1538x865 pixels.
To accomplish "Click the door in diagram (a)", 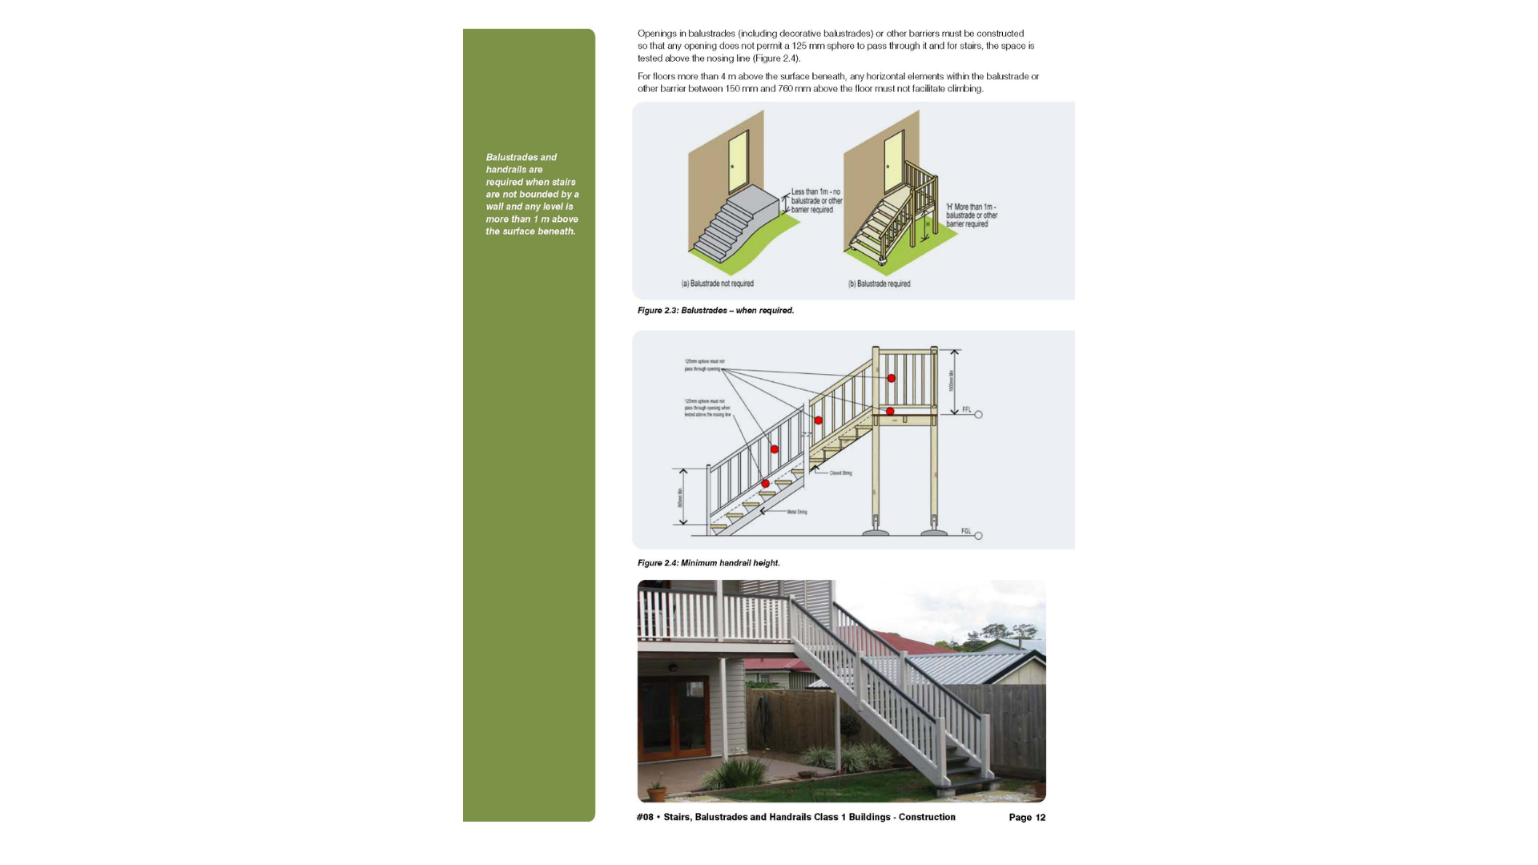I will [x=737, y=161].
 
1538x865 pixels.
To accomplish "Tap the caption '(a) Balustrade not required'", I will [x=717, y=284].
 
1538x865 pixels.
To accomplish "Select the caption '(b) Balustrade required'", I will [x=879, y=284].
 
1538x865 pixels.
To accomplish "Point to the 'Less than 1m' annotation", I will [x=816, y=200].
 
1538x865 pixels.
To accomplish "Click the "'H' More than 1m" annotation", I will [x=972, y=215].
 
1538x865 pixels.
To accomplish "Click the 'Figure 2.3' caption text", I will [x=715, y=311].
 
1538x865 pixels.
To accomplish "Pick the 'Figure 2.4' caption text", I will [x=708, y=563].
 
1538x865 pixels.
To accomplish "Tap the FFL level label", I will [x=967, y=409].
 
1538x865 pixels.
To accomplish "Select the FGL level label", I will [x=966, y=531].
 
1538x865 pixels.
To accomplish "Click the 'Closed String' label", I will [x=840, y=473].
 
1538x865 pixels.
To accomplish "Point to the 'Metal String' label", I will [x=796, y=512].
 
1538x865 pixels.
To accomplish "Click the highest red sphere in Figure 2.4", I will [x=891, y=378].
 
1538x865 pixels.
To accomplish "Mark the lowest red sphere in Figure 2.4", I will [x=766, y=484].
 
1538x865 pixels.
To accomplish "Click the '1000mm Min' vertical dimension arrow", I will [x=954, y=381].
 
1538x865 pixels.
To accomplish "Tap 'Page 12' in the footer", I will [x=1027, y=818].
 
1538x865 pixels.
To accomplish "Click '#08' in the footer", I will [x=645, y=818].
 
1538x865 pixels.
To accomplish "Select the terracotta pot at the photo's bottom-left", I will [x=657, y=793].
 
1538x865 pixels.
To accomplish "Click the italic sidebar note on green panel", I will [x=531, y=195].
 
